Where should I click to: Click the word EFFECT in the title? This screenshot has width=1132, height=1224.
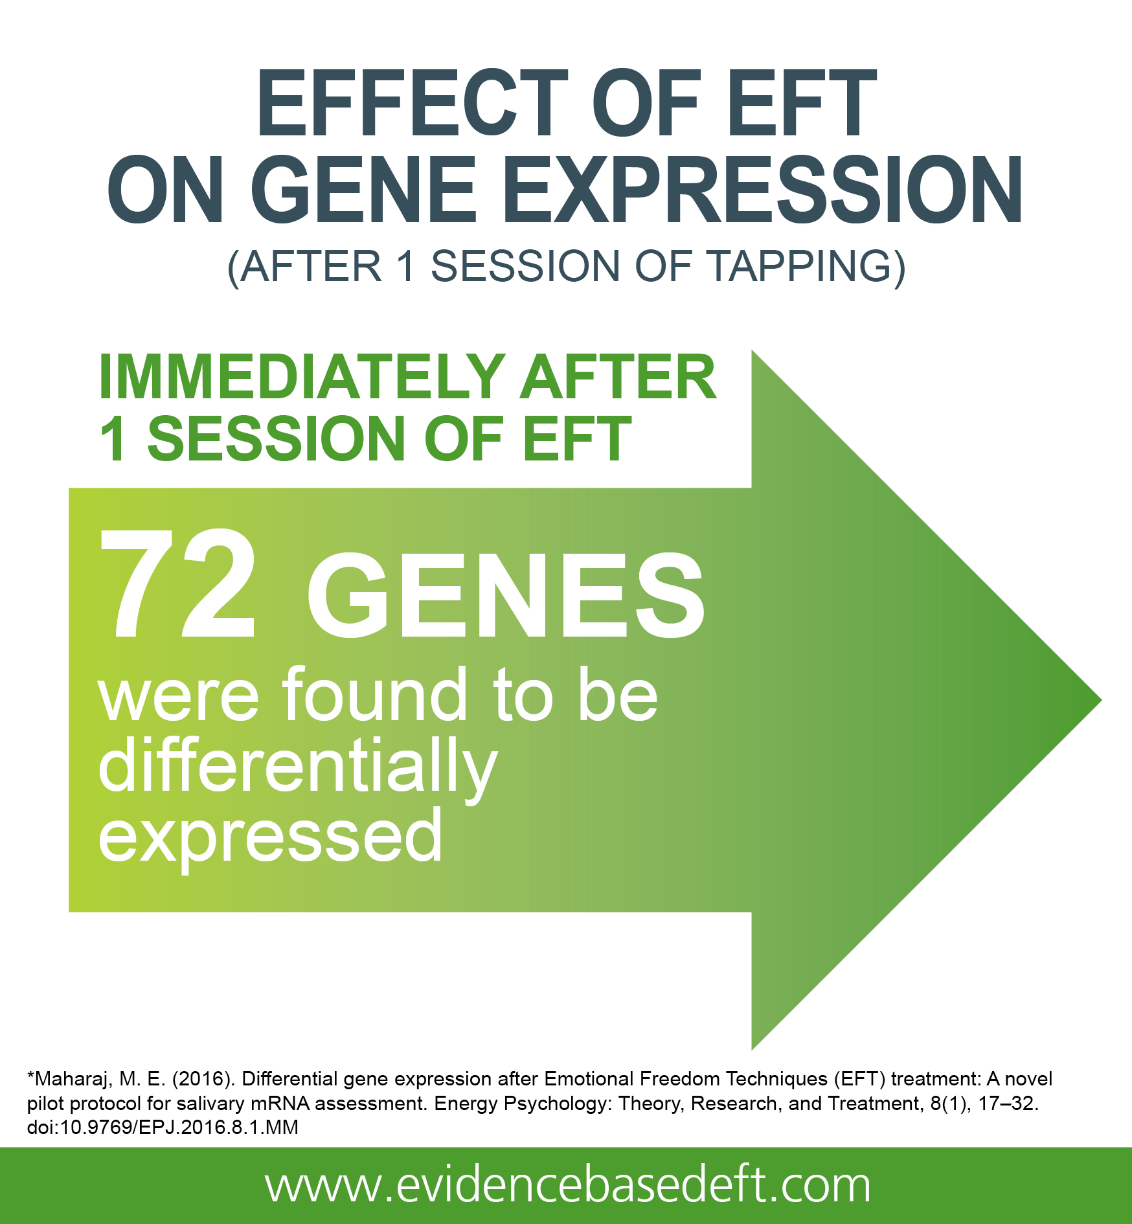point(413,104)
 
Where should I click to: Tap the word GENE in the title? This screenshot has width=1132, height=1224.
point(364,190)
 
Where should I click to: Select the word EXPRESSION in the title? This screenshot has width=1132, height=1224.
point(763,190)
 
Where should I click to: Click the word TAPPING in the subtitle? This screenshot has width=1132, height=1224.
point(807,266)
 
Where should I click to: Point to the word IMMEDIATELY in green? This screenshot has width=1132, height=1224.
point(302,377)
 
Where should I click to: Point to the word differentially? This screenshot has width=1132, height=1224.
point(298,767)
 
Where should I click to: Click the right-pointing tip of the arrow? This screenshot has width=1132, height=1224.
point(1101,700)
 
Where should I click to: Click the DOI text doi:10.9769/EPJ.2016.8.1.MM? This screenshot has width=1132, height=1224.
point(163,1127)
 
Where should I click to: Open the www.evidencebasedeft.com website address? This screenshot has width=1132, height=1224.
point(568,1185)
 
